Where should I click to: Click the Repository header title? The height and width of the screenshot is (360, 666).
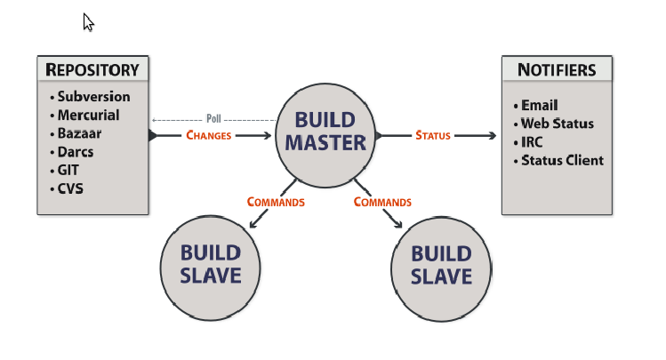click(92, 69)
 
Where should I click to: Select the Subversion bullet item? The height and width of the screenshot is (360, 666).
click(93, 97)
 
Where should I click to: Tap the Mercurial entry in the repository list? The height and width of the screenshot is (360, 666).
click(88, 115)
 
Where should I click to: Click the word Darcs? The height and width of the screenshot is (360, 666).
click(76, 151)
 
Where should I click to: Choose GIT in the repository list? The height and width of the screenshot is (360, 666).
click(70, 170)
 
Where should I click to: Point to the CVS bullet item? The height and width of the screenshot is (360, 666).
click(71, 188)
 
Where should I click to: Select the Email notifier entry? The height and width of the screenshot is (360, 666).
click(539, 106)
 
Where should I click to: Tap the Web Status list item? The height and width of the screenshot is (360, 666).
click(557, 124)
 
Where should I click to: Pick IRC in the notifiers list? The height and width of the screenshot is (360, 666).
click(532, 142)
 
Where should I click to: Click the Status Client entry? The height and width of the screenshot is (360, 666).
click(562, 161)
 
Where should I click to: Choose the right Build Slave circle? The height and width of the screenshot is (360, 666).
click(442, 265)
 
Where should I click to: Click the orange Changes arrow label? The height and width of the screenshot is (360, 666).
click(209, 136)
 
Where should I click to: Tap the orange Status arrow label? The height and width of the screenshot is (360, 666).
click(433, 136)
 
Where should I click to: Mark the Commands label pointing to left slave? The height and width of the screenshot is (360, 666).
click(276, 202)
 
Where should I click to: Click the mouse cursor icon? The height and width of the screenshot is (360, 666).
click(88, 22)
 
